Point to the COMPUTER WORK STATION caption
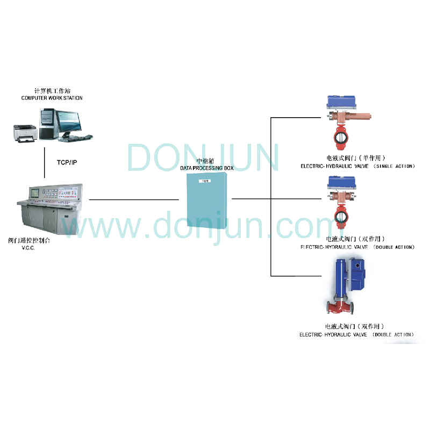click(52, 98)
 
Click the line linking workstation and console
click(45, 161)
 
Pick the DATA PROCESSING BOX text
click(207, 168)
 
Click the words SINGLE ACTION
click(395, 167)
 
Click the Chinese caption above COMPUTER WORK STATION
click(52, 91)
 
